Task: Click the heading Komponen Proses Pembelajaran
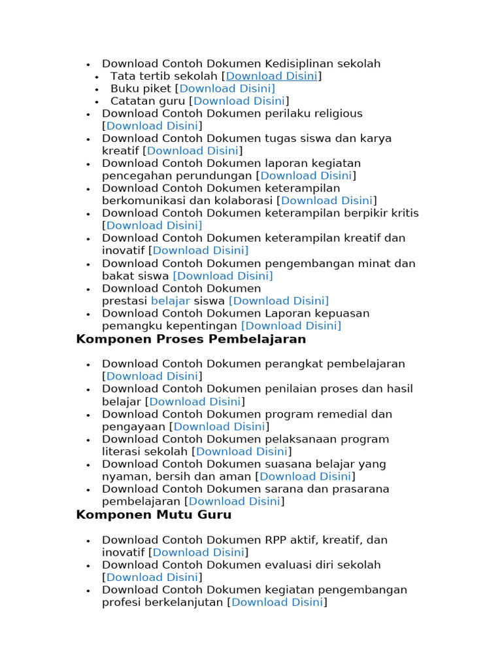[x=191, y=339]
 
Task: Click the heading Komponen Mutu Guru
[x=154, y=515]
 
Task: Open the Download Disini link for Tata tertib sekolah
[x=271, y=76]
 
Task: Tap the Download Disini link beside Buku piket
[x=227, y=88]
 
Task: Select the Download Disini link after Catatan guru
[x=239, y=101]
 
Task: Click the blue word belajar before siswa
[x=170, y=301]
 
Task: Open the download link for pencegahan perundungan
[x=306, y=175]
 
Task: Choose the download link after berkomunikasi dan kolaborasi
[x=327, y=200]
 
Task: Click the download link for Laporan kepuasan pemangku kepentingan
[x=291, y=326]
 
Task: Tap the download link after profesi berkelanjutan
[x=277, y=602]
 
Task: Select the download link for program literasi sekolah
[x=242, y=451]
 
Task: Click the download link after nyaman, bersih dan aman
[x=305, y=476]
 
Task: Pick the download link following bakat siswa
[x=223, y=276]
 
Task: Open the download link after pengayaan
[x=219, y=427]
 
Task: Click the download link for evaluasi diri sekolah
[x=152, y=577]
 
